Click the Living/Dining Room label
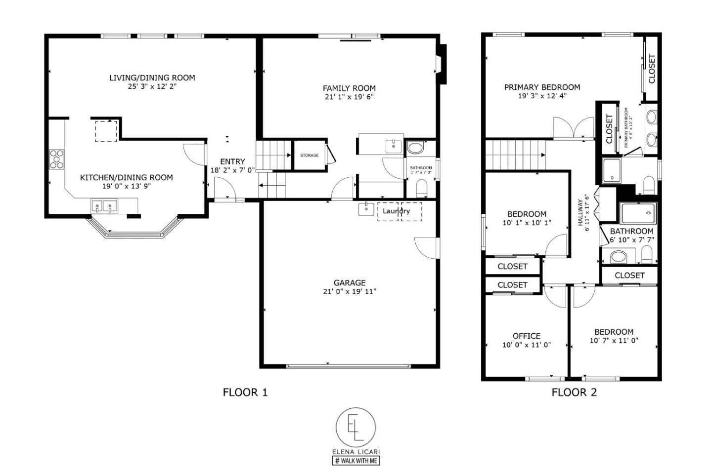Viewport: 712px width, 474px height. [x=152, y=78]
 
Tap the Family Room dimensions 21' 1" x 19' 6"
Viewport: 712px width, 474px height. [x=349, y=97]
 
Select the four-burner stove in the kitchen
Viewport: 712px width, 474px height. [x=57, y=159]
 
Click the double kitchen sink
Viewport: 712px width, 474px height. [x=105, y=206]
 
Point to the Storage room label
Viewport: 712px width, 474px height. [x=309, y=156]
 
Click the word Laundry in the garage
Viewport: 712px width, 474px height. [x=396, y=211]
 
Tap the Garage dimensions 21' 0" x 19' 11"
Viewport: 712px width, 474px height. [x=349, y=291]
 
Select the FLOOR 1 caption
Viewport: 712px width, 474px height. [x=245, y=393]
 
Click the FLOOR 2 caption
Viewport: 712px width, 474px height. [x=574, y=393]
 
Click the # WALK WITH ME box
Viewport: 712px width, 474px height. [x=356, y=461]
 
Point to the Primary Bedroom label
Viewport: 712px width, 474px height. [x=542, y=87]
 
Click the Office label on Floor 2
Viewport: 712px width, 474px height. [x=526, y=336]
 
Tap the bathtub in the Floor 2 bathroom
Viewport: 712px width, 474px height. [x=638, y=213]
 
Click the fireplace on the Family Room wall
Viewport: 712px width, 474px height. [x=442, y=63]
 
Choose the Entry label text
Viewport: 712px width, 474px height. [x=232, y=161]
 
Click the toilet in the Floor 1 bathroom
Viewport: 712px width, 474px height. [x=422, y=188]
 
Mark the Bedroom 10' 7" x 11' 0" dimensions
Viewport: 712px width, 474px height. [x=614, y=340]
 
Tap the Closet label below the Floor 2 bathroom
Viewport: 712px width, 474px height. [x=629, y=276]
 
